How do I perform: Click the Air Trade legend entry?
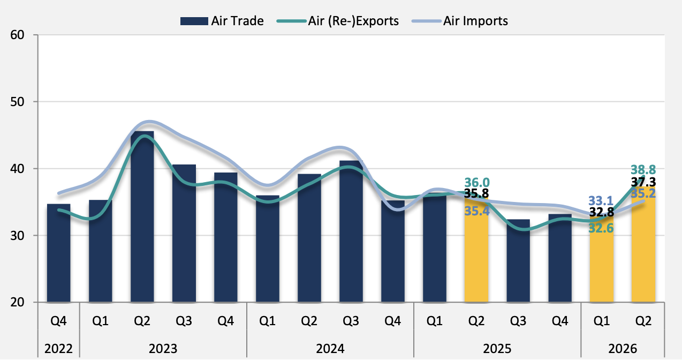click(222, 21)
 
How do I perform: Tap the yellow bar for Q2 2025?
click(476, 252)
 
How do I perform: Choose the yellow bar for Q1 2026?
click(601, 262)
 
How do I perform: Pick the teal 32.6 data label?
click(602, 228)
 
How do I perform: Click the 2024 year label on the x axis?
click(330, 349)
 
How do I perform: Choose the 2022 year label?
click(58, 349)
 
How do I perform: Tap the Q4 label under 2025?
click(559, 321)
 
